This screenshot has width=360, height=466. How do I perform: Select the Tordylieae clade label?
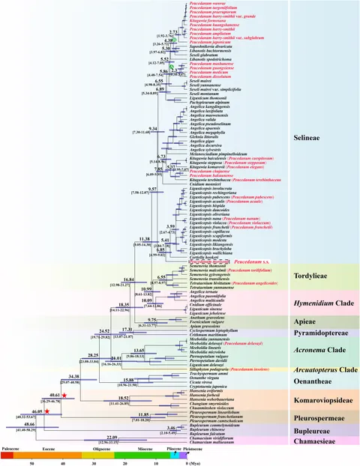[x=318, y=275]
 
